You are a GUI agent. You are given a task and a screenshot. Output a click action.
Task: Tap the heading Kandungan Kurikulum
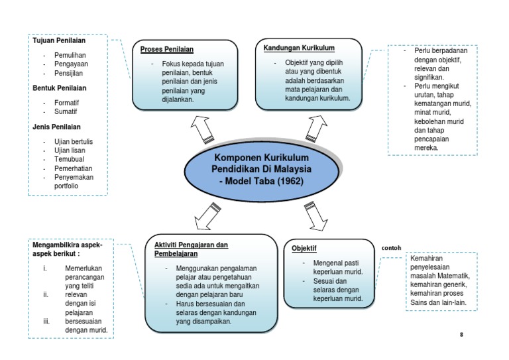(299, 48)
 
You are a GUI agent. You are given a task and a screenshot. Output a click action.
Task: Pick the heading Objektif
(304, 249)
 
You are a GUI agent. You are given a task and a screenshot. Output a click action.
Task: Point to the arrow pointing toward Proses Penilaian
(201, 129)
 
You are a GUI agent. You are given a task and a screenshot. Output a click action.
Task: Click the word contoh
(392, 249)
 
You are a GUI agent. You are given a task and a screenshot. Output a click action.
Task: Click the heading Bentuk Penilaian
(60, 88)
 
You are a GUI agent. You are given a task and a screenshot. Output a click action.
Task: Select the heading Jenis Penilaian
(58, 126)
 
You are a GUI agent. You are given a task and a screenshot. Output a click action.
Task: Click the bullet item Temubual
(70, 159)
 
